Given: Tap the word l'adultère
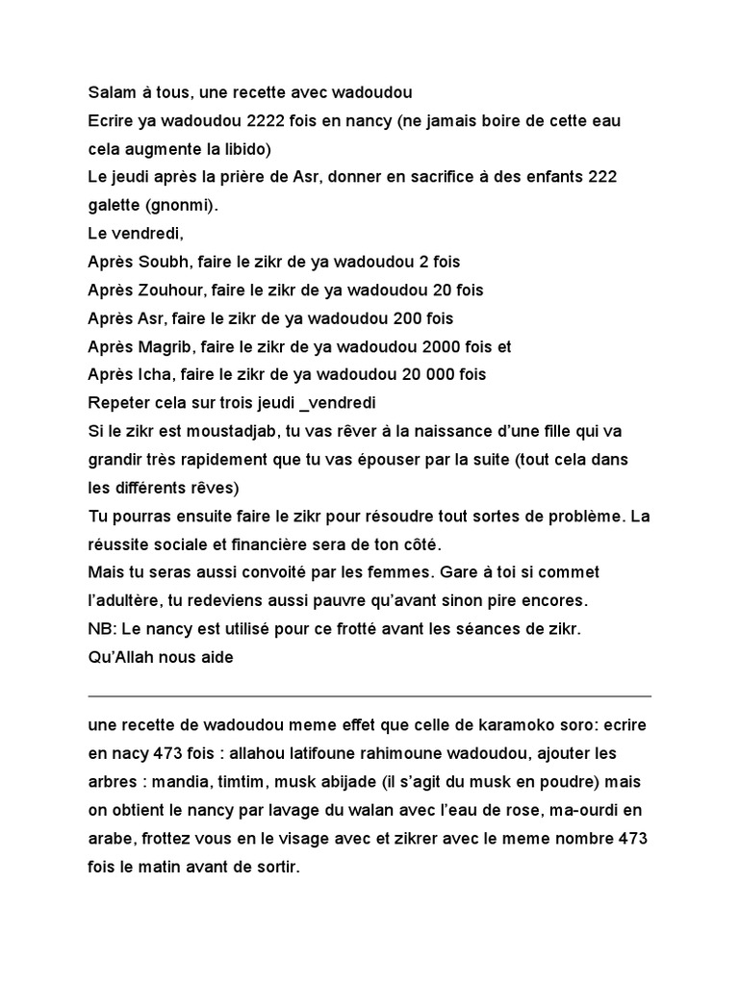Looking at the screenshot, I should (123, 600).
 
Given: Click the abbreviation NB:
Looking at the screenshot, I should (101, 629).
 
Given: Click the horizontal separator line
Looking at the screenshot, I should (369, 695).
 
